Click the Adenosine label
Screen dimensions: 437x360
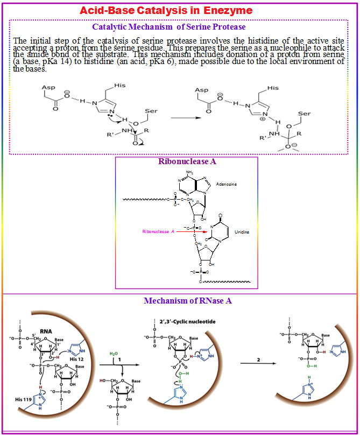226,184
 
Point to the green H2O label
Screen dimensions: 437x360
114,353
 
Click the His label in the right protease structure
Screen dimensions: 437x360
273,88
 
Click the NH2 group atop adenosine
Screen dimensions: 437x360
189,173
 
